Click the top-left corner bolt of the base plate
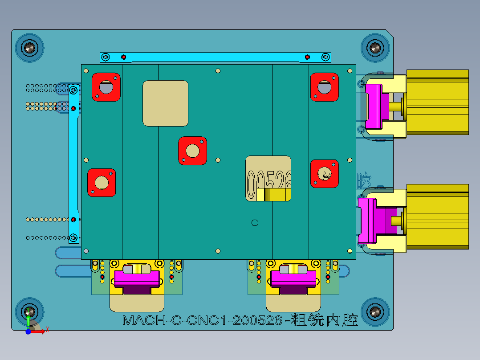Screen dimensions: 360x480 tap(30, 47)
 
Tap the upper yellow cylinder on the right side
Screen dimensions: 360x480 tap(437, 102)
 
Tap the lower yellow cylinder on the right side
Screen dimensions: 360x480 tap(437, 216)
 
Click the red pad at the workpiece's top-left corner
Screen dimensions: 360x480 tap(106, 86)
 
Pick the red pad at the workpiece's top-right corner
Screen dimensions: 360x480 tap(324, 86)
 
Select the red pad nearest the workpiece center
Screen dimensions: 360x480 tap(192, 151)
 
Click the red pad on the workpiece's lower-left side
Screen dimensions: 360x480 tap(102, 183)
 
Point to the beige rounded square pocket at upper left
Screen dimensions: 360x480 tap(165, 103)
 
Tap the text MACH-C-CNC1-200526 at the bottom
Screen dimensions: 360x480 tap(203, 320)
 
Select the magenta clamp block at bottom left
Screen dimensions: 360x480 tap(137, 278)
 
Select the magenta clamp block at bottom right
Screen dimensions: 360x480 tap(293, 278)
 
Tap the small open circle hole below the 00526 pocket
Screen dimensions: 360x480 tap(255, 222)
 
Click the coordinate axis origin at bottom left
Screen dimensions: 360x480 tap(28, 331)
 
